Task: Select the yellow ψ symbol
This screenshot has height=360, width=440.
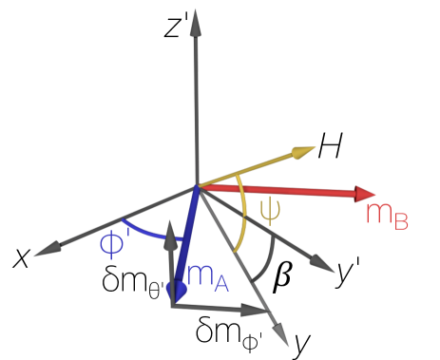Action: pyautogui.click(x=270, y=210)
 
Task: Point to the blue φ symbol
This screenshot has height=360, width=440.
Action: pyautogui.click(x=111, y=244)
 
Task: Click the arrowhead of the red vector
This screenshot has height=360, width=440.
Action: pyautogui.click(x=368, y=194)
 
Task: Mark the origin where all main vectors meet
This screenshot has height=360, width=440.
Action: pyautogui.click(x=197, y=185)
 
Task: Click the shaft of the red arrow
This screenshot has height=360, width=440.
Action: pyautogui.click(x=285, y=190)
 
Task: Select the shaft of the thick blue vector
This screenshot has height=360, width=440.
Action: pyautogui.click(x=186, y=237)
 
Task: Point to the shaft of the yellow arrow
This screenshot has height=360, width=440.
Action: pyautogui.click(x=252, y=167)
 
